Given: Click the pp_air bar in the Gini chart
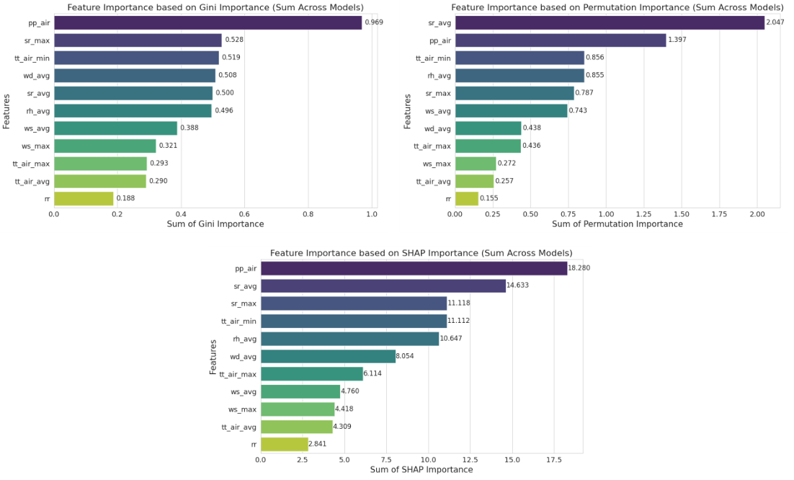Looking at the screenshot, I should pos(208,22).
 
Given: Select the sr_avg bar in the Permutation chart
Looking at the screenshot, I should pos(609,22).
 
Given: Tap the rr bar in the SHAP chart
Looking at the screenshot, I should pos(284,444).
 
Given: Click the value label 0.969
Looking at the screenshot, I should pos(374,22).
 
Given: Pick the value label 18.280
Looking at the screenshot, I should pos(579,268).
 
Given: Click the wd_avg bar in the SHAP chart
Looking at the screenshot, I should pos(328,356).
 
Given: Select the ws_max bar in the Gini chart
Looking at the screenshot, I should pos(104,146).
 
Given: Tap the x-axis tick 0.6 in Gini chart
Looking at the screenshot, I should pos(244,214).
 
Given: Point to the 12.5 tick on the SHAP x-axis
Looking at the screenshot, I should pos(470,459).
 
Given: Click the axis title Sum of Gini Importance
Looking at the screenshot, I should pos(215,224).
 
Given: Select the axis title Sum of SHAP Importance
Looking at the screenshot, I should pos(421,469).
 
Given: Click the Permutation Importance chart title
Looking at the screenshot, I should pos(617,7).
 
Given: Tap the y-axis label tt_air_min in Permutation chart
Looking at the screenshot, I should pos(433,58).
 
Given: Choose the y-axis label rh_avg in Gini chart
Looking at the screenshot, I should pos(38,110).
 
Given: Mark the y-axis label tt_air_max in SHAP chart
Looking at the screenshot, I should pos(238,374).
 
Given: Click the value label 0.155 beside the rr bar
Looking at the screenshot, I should pos(489,198).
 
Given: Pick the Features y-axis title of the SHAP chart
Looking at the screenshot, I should pos(213,356).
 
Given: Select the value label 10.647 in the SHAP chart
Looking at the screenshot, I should pos(452,339).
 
